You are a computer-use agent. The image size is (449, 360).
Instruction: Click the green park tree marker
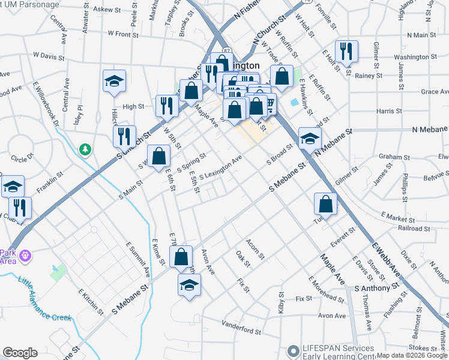(86, 148)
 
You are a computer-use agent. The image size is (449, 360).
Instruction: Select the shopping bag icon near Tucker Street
(325, 203)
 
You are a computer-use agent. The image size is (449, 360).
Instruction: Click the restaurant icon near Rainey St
(346, 52)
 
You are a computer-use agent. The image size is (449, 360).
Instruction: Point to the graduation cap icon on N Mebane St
(310, 139)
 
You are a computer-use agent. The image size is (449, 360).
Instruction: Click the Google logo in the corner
(20, 353)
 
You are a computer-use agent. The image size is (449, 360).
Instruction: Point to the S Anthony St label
(372, 289)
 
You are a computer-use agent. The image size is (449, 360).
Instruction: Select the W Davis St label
(49, 56)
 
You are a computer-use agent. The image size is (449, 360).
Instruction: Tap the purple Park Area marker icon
(25, 257)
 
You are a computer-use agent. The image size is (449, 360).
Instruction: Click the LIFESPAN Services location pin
(293, 350)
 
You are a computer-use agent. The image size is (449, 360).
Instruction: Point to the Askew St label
(107, 10)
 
